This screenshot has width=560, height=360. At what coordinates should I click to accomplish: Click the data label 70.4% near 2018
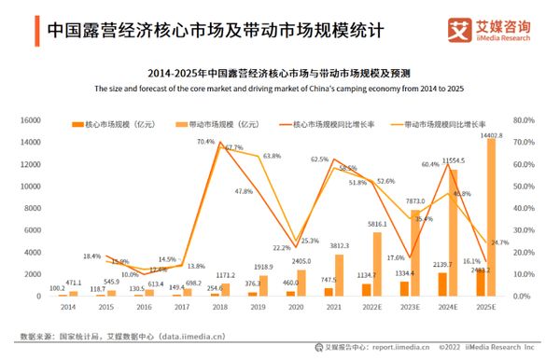click(205, 142)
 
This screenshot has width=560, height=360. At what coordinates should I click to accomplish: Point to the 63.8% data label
click(272, 156)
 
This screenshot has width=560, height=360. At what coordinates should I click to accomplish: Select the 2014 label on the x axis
click(68, 306)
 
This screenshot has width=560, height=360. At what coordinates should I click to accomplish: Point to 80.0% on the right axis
click(524, 120)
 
